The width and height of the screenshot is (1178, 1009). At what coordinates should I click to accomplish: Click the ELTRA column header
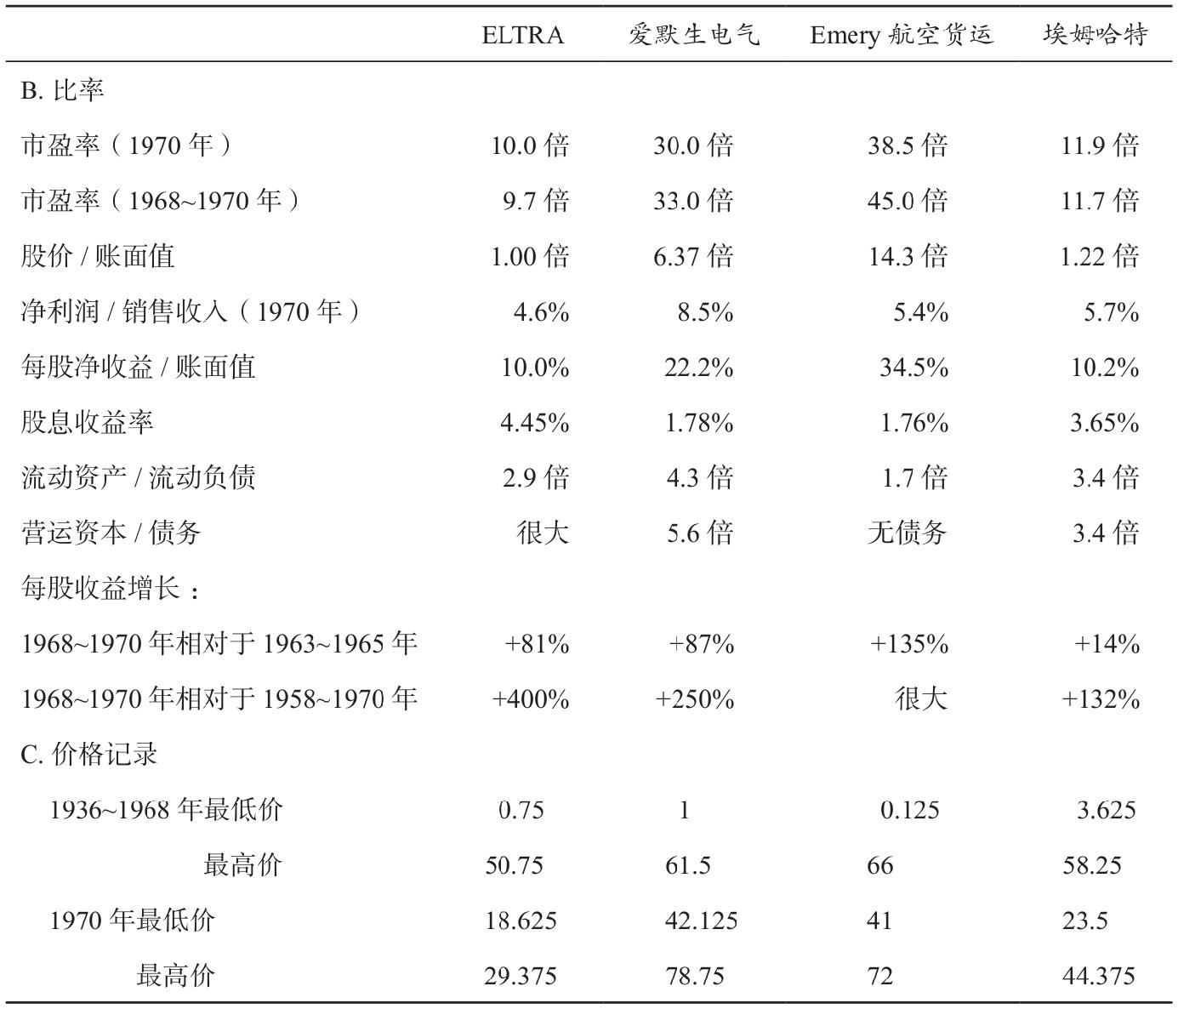tap(522, 36)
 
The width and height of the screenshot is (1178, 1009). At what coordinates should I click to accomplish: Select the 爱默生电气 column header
tap(694, 35)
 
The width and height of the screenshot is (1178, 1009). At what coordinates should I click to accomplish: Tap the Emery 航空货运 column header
tap(902, 36)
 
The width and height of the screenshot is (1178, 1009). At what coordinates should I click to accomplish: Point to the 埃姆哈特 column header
tap(1095, 35)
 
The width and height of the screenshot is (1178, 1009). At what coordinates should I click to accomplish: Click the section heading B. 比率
tap(62, 90)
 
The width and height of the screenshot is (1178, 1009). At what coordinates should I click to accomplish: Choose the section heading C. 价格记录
tap(89, 754)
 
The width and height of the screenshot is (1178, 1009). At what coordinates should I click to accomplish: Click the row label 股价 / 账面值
tap(98, 256)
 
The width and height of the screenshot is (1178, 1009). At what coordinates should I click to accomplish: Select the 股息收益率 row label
tap(88, 422)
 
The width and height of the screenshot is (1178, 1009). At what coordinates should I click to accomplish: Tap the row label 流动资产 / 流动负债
tap(138, 477)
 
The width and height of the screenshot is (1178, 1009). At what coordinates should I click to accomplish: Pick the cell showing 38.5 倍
tap(908, 145)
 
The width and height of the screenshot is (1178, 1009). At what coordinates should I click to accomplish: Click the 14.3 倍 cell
tap(908, 256)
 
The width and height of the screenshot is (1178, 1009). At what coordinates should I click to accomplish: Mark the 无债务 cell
tap(908, 533)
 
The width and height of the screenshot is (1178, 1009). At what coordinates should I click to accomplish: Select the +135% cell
tap(909, 643)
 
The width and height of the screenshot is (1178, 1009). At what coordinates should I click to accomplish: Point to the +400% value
tap(530, 698)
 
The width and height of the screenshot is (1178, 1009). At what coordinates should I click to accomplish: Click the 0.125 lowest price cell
tap(909, 809)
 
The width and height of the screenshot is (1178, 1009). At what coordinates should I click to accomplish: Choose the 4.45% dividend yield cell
tap(535, 423)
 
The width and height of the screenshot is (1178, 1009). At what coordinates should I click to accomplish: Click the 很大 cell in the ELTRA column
tap(543, 533)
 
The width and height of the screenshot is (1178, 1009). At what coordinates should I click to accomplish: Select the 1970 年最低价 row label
tap(132, 920)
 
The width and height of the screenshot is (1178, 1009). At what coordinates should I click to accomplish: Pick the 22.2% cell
tap(698, 368)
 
